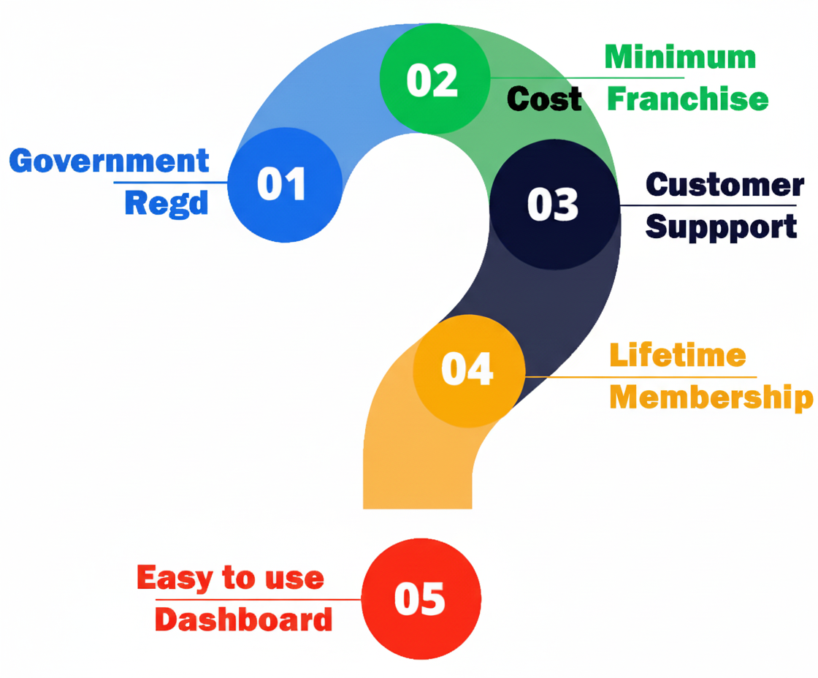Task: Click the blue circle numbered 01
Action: pyautogui.click(x=284, y=184)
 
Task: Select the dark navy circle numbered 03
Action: pyautogui.click(x=554, y=204)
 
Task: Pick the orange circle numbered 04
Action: pyautogui.click(x=469, y=370)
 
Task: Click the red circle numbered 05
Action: pyautogui.click(x=421, y=599)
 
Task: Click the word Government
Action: pyautogui.click(x=110, y=161)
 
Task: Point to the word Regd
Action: pyautogui.click(x=167, y=202)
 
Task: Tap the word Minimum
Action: pyautogui.click(x=680, y=57)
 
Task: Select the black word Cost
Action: pyautogui.click(x=544, y=99)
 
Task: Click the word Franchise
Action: pyautogui.click(x=688, y=99)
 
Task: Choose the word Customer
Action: pyautogui.click(x=725, y=184)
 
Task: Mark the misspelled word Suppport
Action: pyautogui.click(x=721, y=226)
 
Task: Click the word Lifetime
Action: pyautogui.click(x=678, y=355)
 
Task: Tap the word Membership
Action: pyautogui.click(x=711, y=397)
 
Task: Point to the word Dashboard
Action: pyautogui.click(x=244, y=620)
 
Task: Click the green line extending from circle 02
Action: pyautogui.click(x=584, y=77)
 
